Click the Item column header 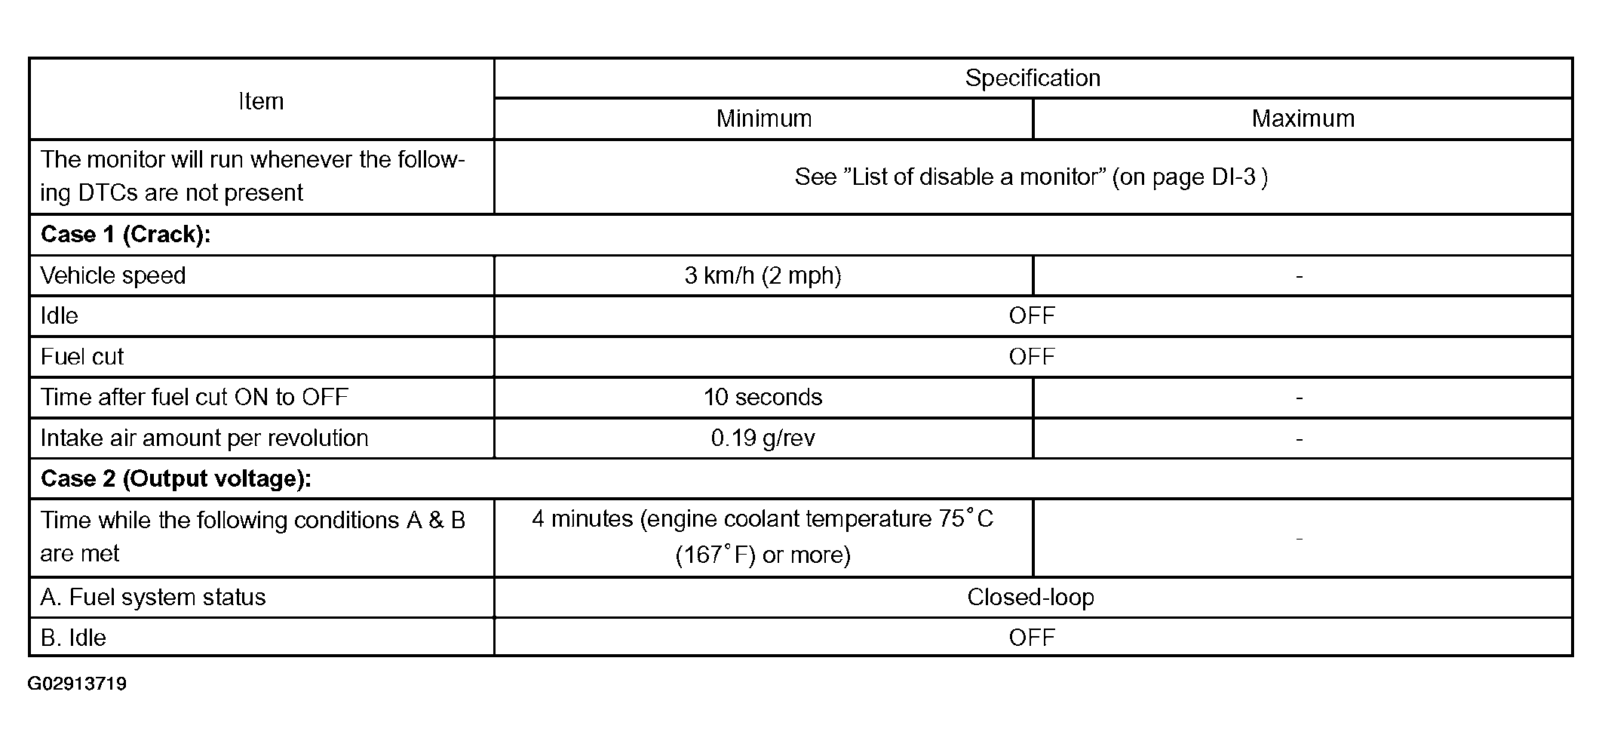[x=261, y=101]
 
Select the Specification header [x=1033, y=78]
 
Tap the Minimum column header [x=763, y=118]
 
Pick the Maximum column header [x=1303, y=118]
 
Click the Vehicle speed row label [x=113, y=275]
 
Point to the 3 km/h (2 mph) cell [x=763, y=275]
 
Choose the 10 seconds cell [x=763, y=397]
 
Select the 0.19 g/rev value [x=763, y=438]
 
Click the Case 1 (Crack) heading [x=125, y=235]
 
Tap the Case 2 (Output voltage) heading [x=176, y=479]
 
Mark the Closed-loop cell [x=1030, y=598]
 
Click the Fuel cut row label [x=81, y=357]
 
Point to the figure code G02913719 [x=77, y=684]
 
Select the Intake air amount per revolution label [x=204, y=438]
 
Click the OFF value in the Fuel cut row [x=1032, y=357]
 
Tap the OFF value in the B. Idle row [x=1032, y=638]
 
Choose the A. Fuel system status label [x=153, y=598]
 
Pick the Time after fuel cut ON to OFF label [x=195, y=397]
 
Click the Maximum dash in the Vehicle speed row [x=1299, y=277]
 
